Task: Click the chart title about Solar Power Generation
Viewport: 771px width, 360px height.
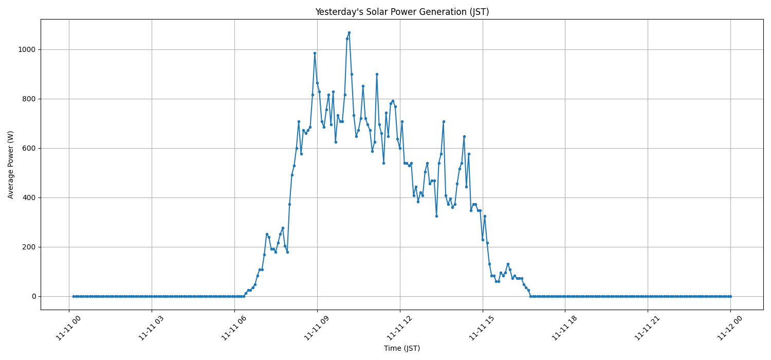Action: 401,12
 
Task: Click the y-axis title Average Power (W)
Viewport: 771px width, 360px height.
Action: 11,165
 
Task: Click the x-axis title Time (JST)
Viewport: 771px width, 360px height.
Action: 401,349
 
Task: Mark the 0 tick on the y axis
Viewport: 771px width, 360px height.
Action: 34,297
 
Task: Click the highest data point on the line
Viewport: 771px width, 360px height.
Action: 349,32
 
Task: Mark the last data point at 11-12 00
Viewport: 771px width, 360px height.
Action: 730,296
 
